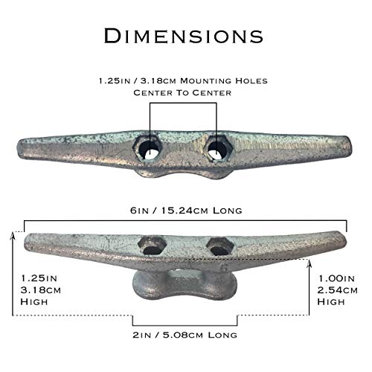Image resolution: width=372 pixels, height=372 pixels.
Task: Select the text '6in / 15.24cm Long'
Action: [x=186, y=211]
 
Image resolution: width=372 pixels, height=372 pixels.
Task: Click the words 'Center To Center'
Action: [x=182, y=92]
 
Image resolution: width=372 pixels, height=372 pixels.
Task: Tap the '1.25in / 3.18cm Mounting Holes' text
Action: [x=182, y=80]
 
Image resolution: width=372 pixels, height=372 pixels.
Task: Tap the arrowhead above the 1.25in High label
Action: [x=16, y=234]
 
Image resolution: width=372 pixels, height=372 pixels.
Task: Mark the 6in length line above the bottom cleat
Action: [x=186, y=221]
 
